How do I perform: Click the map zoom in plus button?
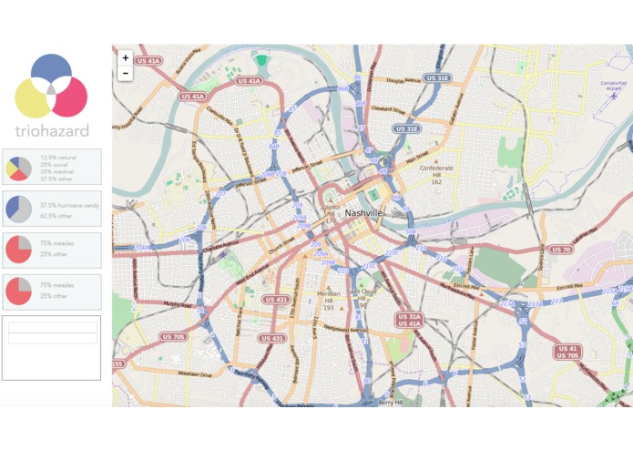point(126,57)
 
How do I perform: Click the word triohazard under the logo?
point(52,130)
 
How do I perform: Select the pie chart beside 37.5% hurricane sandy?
point(19,208)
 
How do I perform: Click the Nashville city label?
point(363,212)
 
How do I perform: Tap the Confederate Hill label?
point(435,172)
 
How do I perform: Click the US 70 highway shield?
point(560,250)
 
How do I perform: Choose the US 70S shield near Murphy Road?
point(173,336)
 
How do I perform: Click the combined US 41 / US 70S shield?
point(567,352)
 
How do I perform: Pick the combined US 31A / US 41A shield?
point(409,319)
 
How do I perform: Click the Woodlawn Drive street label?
point(195,373)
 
